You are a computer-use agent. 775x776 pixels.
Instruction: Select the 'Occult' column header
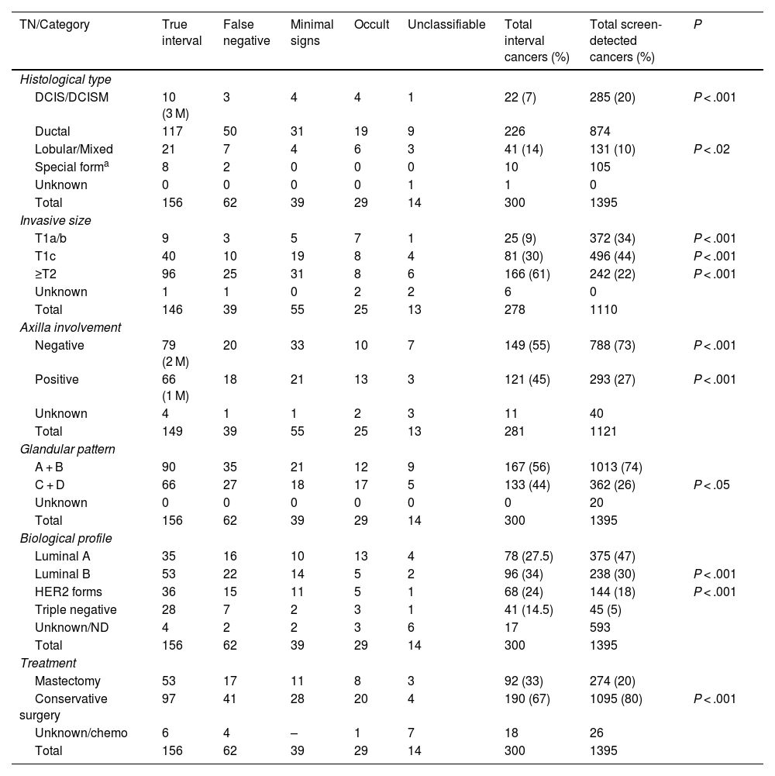click(371, 25)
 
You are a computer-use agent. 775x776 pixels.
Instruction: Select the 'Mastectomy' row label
click(67, 681)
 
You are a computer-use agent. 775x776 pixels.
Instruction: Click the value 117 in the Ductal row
click(173, 131)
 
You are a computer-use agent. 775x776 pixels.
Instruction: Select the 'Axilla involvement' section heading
click(71, 327)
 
